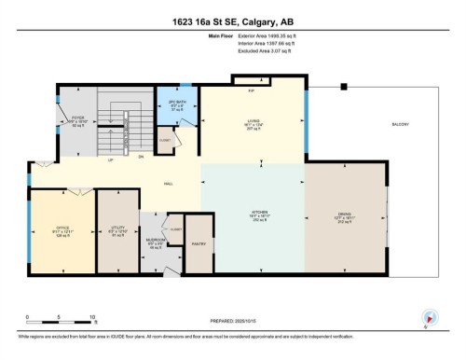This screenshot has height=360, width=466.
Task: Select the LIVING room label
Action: click(x=253, y=118)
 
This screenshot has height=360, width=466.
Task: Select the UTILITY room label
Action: click(x=117, y=227)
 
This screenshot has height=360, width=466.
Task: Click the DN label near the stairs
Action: click(x=141, y=157)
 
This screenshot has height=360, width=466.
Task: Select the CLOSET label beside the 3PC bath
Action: click(x=165, y=140)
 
